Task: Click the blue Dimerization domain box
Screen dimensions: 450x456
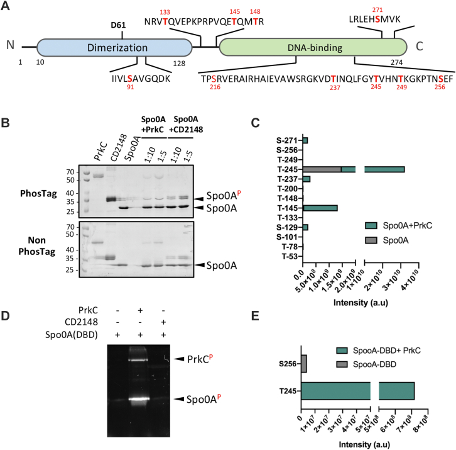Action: (x=114, y=48)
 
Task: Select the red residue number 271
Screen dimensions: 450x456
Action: (x=377, y=10)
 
